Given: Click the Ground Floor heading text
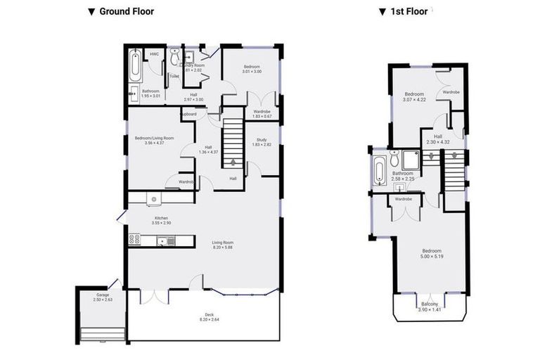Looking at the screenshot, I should pos(126,11).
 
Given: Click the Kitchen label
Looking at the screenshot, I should pos(162,220).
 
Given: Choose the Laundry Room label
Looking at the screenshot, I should pos(193,67).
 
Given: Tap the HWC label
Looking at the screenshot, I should pos(154,54).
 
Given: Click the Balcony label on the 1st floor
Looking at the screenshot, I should pos(428,307).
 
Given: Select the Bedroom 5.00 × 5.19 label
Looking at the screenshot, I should pos(431,254).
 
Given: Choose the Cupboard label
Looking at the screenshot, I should pos(188,114).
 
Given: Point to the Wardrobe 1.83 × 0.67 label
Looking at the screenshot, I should pos(262,114).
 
